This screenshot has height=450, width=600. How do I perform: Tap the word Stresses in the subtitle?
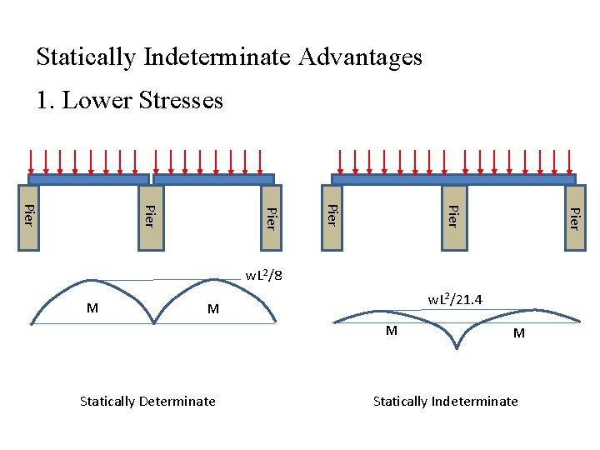click(183, 101)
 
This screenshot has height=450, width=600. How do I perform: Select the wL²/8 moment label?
click(263, 276)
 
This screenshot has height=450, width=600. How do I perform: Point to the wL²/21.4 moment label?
click(456, 299)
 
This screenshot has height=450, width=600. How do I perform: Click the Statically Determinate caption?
click(147, 401)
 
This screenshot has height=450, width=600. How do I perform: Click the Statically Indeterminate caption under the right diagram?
click(445, 401)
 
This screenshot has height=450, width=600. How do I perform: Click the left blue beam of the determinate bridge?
click(88, 179)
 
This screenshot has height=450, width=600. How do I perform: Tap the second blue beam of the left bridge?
click(214, 179)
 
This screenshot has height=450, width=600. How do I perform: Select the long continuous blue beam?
click(453, 179)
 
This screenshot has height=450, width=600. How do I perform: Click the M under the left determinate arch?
click(92, 307)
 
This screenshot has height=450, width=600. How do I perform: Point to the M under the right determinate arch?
click(212, 309)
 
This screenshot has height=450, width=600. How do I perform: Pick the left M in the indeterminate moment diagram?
click(391, 331)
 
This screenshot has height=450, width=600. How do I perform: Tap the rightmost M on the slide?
click(518, 333)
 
